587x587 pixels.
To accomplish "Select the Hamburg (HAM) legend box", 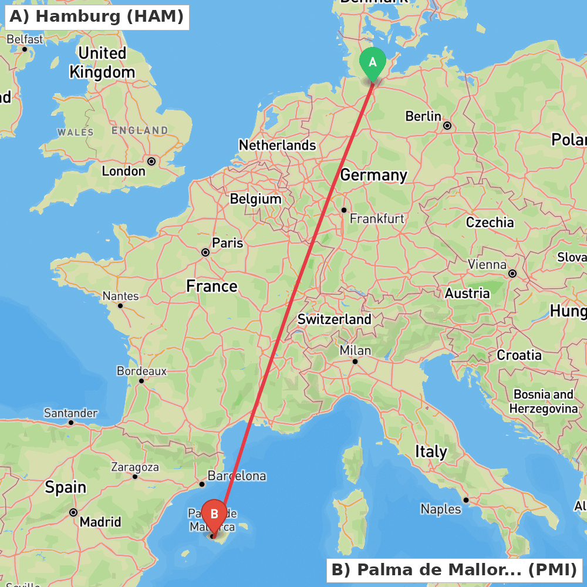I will [x=97, y=17].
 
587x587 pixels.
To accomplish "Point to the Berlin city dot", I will [x=447, y=126].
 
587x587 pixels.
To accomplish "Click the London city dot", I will [x=151, y=161].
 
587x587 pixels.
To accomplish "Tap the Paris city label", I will [x=228, y=243].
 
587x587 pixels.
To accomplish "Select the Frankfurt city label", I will [x=377, y=219].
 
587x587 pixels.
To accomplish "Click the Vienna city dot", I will [x=512, y=274].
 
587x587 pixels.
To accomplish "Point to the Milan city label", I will [x=356, y=350].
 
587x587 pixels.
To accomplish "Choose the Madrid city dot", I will [x=73, y=512].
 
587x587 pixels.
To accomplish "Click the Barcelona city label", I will [x=237, y=476].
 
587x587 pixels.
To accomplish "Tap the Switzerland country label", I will [x=335, y=320].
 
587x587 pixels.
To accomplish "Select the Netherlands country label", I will [x=277, y=145].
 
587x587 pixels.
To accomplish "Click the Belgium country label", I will [x=255, y=199].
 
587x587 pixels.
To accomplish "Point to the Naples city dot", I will [x=466, y=500].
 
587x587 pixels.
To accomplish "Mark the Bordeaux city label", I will [x=141, y=371].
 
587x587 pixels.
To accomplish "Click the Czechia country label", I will [x=490, y=222].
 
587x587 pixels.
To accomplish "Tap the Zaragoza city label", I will [x=135, y=467].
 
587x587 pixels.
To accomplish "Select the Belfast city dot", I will [x=25, y=49].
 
